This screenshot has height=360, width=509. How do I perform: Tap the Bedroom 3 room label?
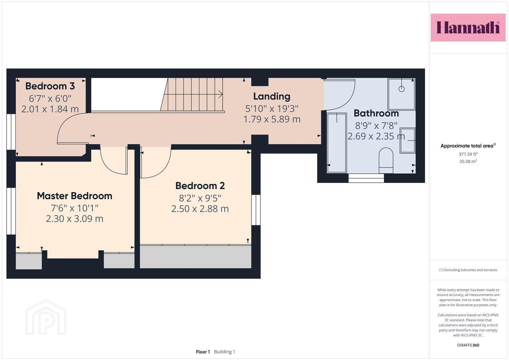tap(50, 86)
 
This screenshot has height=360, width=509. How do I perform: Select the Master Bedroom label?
tap(75, 196)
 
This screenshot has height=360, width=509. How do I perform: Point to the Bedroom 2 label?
tap(200, 186)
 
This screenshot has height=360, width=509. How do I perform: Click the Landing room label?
tap(272, 97)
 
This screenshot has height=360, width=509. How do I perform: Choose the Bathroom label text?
tap(376, 113)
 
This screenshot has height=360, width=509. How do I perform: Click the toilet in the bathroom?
tap(386, 160)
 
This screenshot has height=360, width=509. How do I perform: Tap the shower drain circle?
tap(402, 89)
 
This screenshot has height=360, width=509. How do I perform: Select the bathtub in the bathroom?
tap(337, 143)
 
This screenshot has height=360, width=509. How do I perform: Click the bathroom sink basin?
tap(407, 140)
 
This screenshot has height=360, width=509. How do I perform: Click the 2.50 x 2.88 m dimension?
tap(200, 209)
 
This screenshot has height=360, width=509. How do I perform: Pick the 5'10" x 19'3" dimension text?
tap(272, 109)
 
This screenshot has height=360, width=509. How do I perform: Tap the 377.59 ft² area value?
tap(468, 154)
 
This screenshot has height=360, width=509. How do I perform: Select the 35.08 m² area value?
tap(468, 161)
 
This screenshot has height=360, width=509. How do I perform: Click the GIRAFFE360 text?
tap(468, 345)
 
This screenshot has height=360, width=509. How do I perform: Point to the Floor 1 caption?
tap(203, 352)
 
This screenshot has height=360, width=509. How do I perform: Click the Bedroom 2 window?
tap(256, 210)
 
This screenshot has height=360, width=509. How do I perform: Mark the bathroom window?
tap(366, 178)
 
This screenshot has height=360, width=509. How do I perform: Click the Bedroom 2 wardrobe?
tap(195, 257)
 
